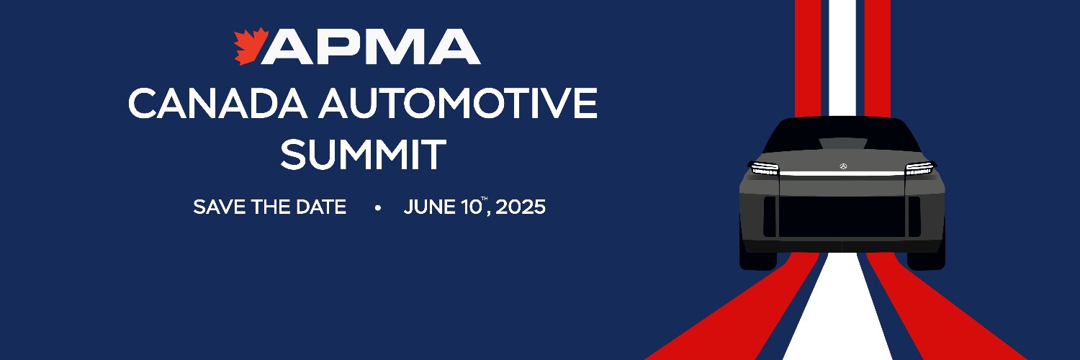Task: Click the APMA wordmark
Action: click(x=374, y=48)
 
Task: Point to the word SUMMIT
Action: click(x=363, y=154)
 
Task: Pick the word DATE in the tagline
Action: click(x=319, y=208)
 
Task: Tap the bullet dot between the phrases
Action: click(x=377, y=209)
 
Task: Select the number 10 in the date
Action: click(x=471, y=208)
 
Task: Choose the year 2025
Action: click(x=521, y=208)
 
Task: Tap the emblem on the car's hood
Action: click(x=842, y=166)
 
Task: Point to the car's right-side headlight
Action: click(x=920, y=169)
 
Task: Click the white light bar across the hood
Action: click(x=842, y=175)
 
